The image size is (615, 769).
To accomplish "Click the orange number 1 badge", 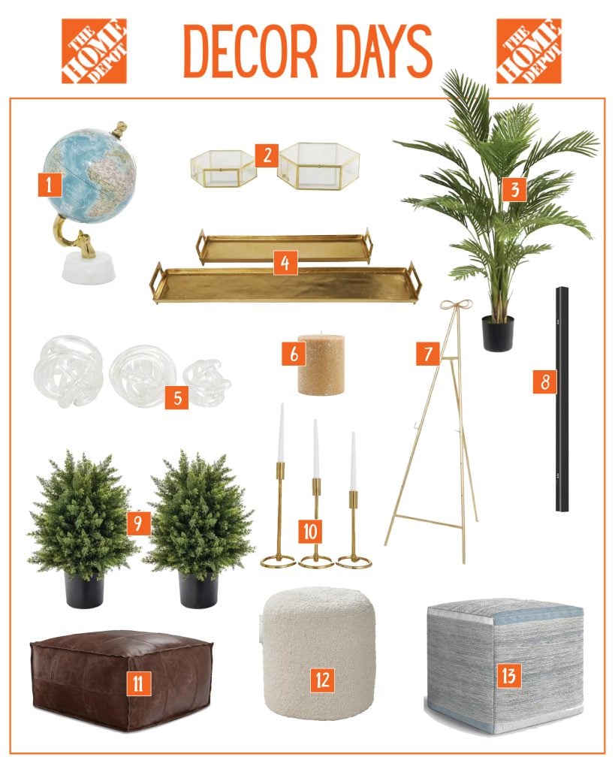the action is point(49,185).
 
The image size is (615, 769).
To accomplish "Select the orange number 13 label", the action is point(508,677).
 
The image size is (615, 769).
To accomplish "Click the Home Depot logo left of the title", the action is point(94,51).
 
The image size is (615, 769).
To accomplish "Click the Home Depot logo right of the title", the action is point(529,51).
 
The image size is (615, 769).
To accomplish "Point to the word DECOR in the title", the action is point(251,51).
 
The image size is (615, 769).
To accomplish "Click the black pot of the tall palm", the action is point(498,333).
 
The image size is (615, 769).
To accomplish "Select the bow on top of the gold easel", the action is point(456,306).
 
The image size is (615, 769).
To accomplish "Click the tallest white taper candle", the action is point(282,432).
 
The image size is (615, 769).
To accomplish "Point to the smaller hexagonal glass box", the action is point(223,164).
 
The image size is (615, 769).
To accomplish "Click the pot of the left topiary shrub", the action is point(84,590).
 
